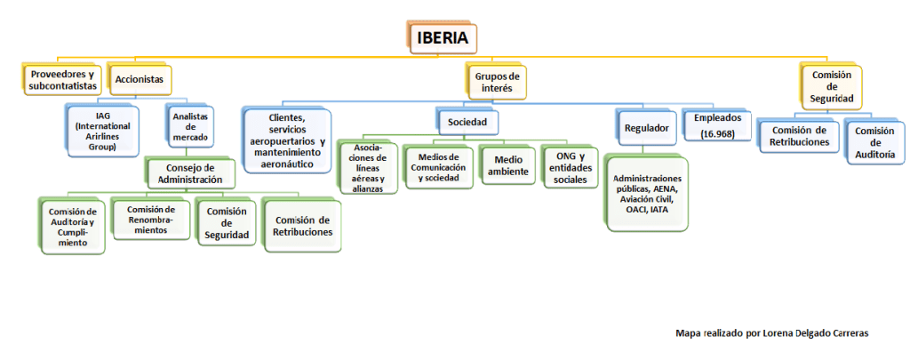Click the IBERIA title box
(443, 37)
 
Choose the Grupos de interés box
(498, 81)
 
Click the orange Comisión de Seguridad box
(831, 86)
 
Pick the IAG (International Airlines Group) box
(103, 132)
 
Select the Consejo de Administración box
(190, 172)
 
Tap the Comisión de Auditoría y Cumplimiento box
(72, 227)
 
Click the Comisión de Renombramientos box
(150, 220)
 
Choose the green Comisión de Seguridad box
(227, 223)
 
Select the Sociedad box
(467, 122)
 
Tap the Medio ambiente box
(507, 165)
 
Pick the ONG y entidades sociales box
(571, 166)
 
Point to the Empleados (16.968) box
(717, 125)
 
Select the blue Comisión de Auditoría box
(874, 140)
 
